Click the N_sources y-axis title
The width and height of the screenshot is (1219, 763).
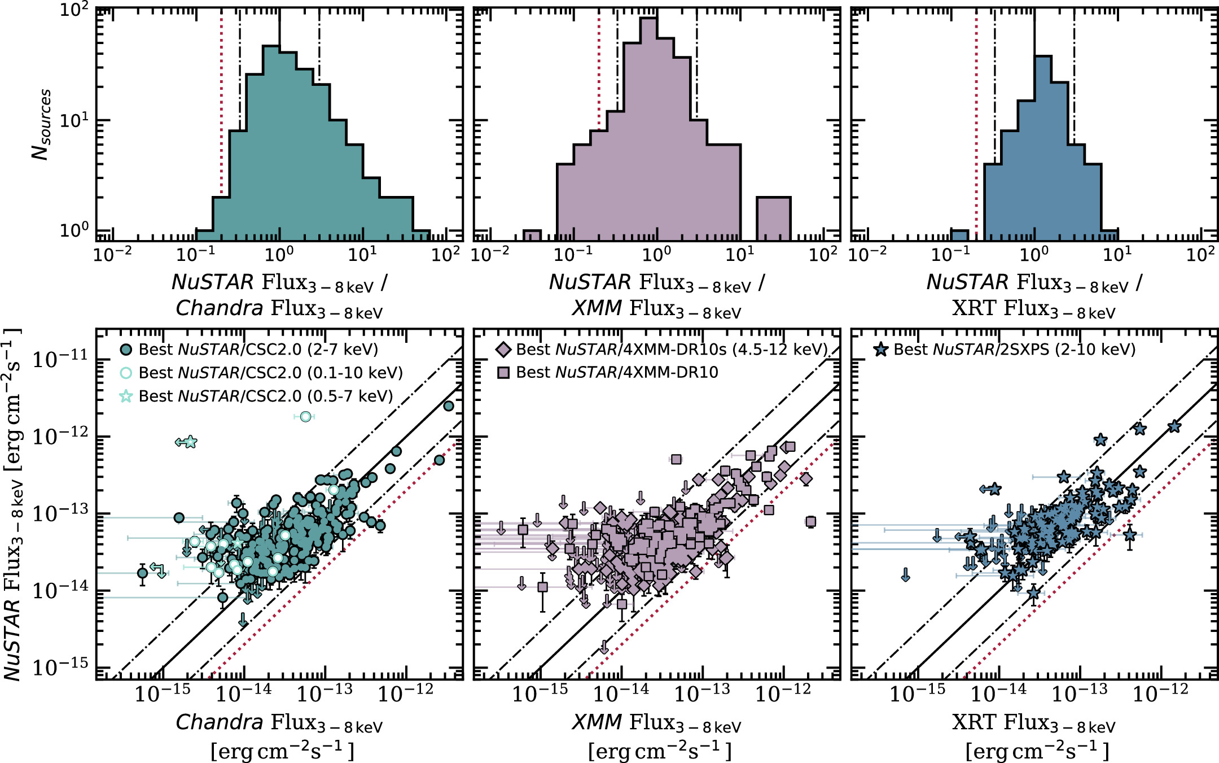(41, 124)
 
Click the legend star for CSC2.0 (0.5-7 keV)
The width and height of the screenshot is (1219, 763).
(126, 396)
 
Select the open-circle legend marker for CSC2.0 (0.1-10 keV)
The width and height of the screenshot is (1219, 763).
(126, 373)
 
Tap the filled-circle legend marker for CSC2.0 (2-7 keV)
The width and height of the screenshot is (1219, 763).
(126, 350)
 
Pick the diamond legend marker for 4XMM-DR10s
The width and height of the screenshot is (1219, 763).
(503, 350)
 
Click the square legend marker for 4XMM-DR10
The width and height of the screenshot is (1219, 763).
(503, 373)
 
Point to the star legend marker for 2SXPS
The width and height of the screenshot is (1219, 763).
(880, 350)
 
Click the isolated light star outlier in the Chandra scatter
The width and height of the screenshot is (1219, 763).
(190, 442)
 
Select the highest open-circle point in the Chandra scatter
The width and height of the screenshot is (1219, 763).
(305, 417)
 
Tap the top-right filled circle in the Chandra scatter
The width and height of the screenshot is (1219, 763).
(449, 406)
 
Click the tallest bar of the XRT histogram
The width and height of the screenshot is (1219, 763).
(1043, 147)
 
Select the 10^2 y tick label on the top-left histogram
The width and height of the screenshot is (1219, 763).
(74, 10)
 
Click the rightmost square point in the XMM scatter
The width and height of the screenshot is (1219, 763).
(811, 521)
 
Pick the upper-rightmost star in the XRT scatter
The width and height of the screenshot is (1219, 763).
(1174, 426)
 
